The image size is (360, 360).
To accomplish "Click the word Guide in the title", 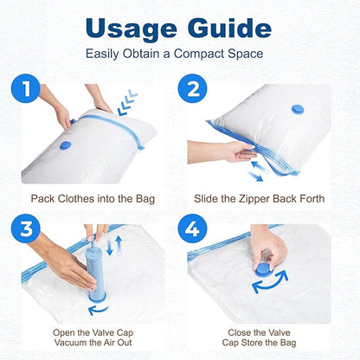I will click(x=228, y=28).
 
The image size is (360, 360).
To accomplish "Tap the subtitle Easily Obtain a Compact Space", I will click(x=179, y=55).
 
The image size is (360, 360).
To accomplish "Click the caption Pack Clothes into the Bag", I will click(x=93, y=199).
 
